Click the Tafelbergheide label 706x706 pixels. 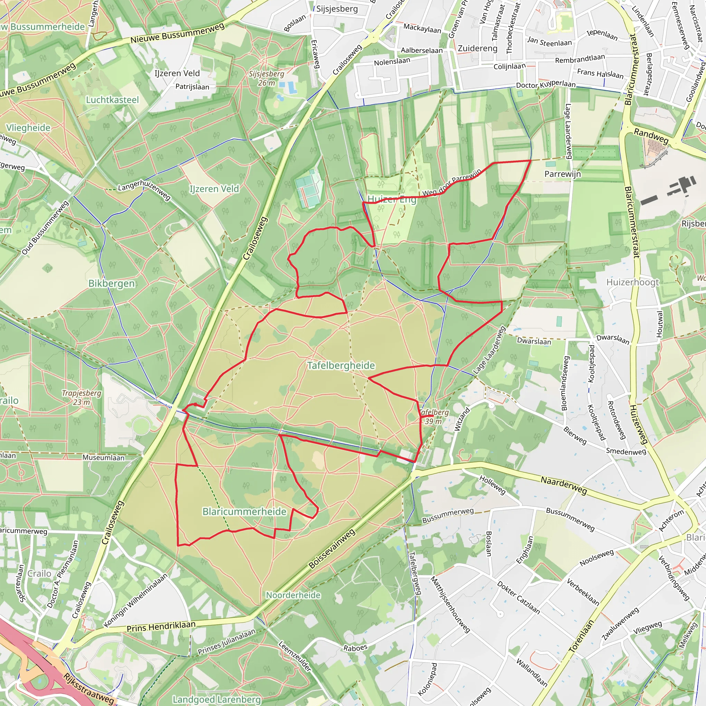point(341,365)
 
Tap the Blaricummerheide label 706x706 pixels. point(244,512)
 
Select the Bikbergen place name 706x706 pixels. point(111,284)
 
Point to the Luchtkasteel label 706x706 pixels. point(112,100)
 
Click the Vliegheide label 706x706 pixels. point(28,128)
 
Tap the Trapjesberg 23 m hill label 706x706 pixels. point(81,397)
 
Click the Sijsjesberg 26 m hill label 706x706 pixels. point(266,78)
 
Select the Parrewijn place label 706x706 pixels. point(562,174)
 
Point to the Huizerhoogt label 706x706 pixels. point(633,282)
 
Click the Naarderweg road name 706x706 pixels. point(564,485)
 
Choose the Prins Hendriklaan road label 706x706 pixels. point(161,627)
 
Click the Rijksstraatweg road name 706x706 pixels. point(89,688)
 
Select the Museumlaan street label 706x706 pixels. point(103,457)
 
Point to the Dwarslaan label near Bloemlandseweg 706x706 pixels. point(534,341)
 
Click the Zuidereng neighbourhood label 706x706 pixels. point(477,48)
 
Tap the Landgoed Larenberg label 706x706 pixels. point(217,699)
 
